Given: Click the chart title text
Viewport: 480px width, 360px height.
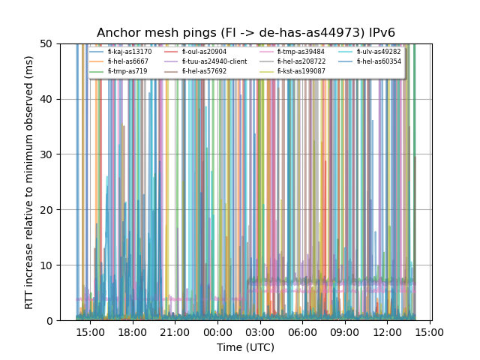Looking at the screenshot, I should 246,33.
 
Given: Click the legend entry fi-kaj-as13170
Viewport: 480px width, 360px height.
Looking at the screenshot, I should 129,52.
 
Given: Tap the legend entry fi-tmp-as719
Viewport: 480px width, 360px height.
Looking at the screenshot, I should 127,71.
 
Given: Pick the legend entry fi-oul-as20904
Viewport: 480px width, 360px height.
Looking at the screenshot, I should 203,52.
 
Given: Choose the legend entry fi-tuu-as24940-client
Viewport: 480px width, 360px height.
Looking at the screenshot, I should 214,61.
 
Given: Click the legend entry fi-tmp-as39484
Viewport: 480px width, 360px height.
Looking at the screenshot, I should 301,52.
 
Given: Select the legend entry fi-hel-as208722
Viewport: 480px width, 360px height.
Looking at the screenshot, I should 301,61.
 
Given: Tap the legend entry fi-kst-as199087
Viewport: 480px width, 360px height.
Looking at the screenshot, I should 301,71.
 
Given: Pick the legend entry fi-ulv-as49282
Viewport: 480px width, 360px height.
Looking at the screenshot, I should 379,52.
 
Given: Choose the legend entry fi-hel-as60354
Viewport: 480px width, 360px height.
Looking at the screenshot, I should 379,61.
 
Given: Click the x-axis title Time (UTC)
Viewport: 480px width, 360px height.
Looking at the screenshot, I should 246,347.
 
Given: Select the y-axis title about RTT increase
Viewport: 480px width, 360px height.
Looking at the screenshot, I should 29,182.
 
